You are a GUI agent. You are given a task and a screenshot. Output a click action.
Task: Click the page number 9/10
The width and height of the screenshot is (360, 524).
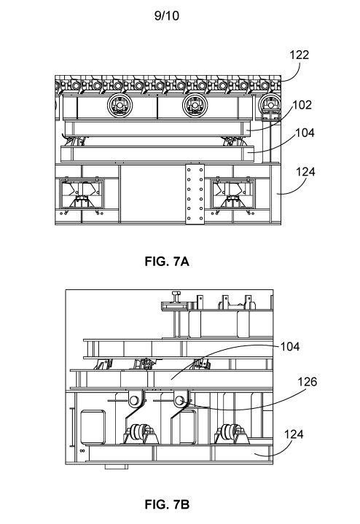pos(166,16)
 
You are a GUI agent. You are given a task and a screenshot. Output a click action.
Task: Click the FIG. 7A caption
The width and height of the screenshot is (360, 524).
pos(167,262)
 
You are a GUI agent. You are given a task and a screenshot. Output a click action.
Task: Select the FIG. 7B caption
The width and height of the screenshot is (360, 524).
pos(167,504)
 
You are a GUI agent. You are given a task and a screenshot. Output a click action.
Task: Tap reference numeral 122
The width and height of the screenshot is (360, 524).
pos(300,55)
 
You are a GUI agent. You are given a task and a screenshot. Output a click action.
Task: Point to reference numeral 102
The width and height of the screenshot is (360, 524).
pos(302,105)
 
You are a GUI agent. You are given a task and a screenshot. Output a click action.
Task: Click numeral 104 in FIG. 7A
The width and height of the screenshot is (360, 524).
pos(305,133)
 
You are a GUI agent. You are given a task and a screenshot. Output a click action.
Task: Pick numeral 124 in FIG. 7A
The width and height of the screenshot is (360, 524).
pos(305,172)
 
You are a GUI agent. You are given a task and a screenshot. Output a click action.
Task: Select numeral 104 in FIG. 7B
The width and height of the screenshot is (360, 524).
pos(290,347)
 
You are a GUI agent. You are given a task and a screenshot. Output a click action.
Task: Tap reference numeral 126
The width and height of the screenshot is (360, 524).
pos(308,382)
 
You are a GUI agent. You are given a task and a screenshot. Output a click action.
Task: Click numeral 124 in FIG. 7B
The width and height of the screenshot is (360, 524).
pos(294,434)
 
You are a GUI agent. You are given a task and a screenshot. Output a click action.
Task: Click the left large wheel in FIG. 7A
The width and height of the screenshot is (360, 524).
pos(120,105)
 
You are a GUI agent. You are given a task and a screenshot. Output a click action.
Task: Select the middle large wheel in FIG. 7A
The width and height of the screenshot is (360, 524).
pos(195,105)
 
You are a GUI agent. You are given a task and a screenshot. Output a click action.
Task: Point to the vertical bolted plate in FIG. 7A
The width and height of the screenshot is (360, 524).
pos(195,194)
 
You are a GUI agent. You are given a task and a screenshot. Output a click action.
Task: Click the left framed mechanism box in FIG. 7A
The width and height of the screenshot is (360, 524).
pos(82,194)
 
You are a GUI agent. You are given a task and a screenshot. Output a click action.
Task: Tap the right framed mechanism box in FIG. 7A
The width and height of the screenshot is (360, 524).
pos(232,194)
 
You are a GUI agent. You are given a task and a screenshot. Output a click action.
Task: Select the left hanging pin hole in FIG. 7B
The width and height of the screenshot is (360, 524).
pos(134,400)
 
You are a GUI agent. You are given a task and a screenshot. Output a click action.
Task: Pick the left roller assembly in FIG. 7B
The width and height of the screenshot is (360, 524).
pos(141,434)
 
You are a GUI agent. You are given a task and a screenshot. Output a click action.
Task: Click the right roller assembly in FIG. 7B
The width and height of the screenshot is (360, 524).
pos(232,434)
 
